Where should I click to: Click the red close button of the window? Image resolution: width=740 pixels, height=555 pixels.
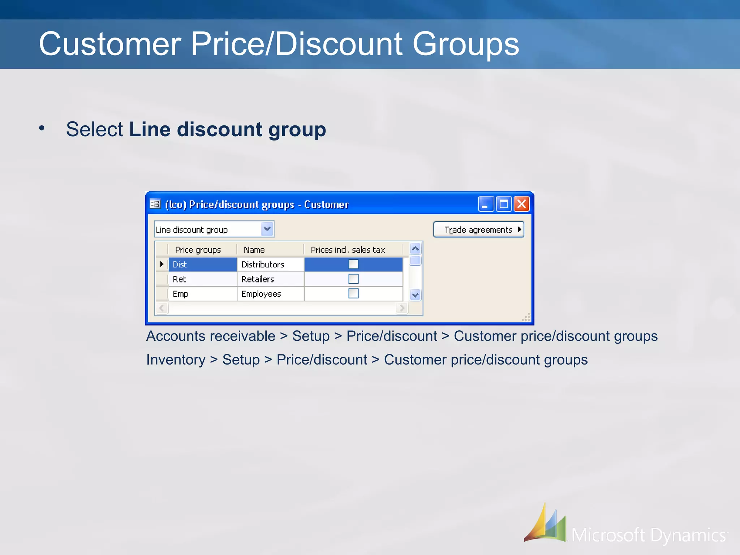pos(521,204)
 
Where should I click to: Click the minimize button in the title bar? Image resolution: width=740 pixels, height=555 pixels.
pos(485,204)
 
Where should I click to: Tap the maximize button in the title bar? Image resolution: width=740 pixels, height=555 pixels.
pos(503,204)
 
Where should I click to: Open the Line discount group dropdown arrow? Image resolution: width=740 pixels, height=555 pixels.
pos(267,229)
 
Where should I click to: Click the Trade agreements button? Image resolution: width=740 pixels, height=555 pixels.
pos(478,230)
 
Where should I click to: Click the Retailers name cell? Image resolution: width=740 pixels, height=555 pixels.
pos(270,279)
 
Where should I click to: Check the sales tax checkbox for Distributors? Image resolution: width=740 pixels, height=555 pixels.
pos(353,264)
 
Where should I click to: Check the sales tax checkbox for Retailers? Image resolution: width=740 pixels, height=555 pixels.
pos(353,279)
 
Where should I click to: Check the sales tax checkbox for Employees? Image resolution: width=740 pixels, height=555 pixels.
pos(353,293)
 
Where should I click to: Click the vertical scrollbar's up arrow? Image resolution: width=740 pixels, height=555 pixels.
pos(416,249)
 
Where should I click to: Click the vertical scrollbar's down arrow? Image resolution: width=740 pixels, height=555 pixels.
pos(416,295)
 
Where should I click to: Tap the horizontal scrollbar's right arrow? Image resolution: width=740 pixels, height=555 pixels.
pos(402,308)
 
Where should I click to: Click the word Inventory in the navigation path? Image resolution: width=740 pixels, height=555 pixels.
pos(176,360)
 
